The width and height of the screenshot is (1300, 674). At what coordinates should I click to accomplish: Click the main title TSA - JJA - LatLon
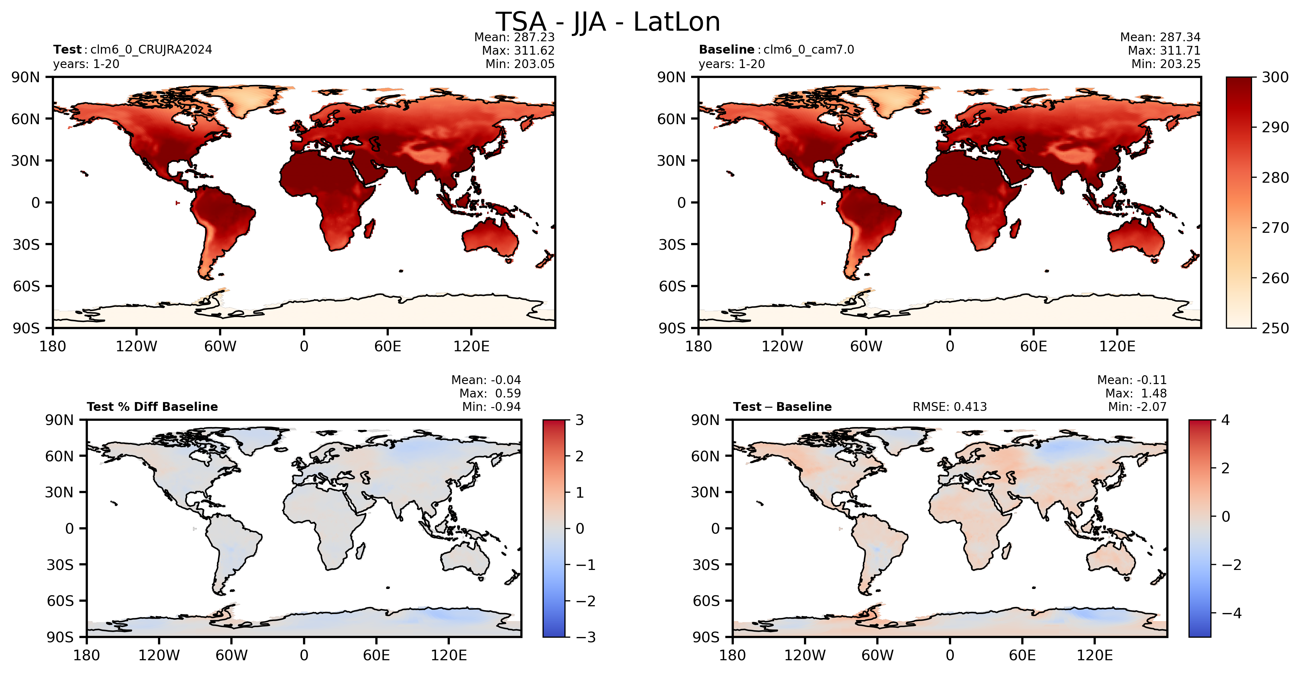coord(607,22)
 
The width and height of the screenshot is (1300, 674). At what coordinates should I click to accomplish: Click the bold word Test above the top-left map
coord(67,49)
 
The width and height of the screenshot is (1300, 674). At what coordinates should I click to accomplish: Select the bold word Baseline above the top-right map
coord(726,49)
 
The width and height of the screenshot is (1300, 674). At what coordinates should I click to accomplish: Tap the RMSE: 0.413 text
coord(949,407)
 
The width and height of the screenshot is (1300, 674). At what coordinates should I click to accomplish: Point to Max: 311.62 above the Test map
coord(518,50)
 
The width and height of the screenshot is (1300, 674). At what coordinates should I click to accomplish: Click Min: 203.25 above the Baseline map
coord(1165,64)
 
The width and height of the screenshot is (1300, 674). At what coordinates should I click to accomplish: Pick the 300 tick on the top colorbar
coord(1275,77)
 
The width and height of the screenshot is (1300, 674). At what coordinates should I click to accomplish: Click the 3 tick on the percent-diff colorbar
coord(579,420)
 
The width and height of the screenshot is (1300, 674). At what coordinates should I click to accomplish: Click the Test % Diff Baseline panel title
coord(152,407)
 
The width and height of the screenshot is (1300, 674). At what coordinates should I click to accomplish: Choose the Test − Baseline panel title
coord(782,407)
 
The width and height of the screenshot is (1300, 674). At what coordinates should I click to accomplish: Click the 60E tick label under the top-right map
coord(1034,347)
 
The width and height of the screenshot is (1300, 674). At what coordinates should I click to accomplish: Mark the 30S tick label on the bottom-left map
coord(60,565)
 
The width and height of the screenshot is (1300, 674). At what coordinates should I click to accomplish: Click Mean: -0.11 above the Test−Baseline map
coord(1132,380)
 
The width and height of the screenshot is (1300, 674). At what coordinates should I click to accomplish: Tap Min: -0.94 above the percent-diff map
coord(491,407)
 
